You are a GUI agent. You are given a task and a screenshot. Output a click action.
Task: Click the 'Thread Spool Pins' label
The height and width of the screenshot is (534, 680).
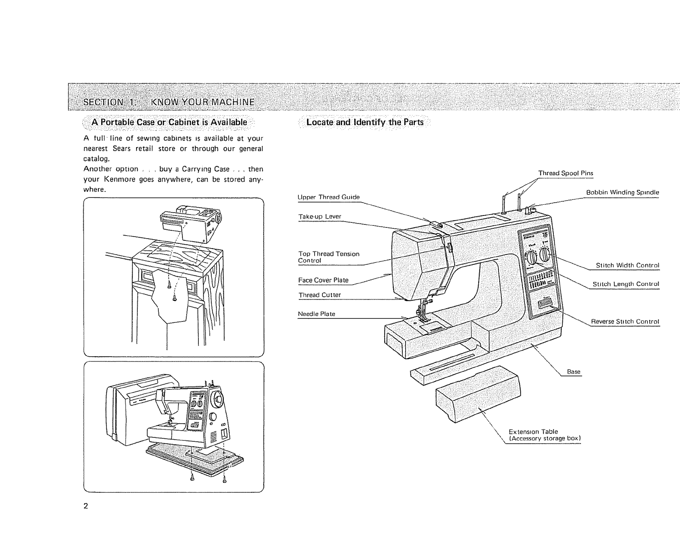pyautogui.click(x=565, y=173)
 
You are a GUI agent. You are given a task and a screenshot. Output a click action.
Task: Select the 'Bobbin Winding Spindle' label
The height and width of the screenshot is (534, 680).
pyautogui.click(x=622, y=193)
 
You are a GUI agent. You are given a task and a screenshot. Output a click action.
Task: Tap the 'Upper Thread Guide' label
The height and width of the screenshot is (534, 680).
pyautogui.click(x=328, y=197)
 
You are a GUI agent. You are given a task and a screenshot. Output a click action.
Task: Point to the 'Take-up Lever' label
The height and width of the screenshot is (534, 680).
pyautogui.click(x=319, y=217)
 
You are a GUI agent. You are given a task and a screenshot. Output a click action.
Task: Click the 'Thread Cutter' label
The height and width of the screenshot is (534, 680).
pyautogui.click(x=319, y=295)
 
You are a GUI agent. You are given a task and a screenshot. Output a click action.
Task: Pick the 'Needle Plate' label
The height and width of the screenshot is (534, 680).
pyautogui.click(x=316, y=314)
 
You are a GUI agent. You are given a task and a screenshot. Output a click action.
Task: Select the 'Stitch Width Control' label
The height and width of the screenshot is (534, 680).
pyautogui.click(x=627, y=266)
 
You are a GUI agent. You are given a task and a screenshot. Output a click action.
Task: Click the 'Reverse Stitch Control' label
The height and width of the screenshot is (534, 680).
pyautogui.click(x=625, y=322)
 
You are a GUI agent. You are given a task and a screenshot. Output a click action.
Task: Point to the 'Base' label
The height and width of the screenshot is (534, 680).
pyautogui.click(x=574, y=372)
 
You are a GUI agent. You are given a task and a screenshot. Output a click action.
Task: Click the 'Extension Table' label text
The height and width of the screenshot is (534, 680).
pyautogui.click(x=533, y=432)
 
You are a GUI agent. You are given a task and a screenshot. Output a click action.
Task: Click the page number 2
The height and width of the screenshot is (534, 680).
pyautogui.click(x=86, y=506)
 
